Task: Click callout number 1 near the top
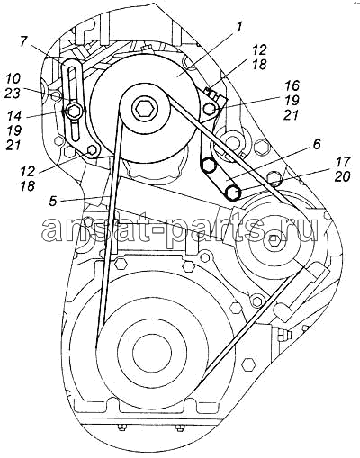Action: (x=238, y=28)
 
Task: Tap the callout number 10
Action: (x=13, y=78)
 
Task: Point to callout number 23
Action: (x=13, y=94)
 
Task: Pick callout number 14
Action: (x=13, y=116)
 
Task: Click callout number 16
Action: (x=292, y=85)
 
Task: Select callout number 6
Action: (x=317, y=144)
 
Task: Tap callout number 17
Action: (x=342, y=162)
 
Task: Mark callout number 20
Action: (x=342, y=176)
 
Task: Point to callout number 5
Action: (x=53, y=201)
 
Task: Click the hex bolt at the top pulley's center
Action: (x=146, y=108)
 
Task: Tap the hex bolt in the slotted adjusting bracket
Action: (x=74, y=112)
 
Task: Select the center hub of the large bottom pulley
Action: (x=152, y=352)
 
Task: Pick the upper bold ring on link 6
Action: (x=208, y=166)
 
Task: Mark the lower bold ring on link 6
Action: (x=233, y=193)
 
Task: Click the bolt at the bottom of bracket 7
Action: (x=92, y=151)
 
